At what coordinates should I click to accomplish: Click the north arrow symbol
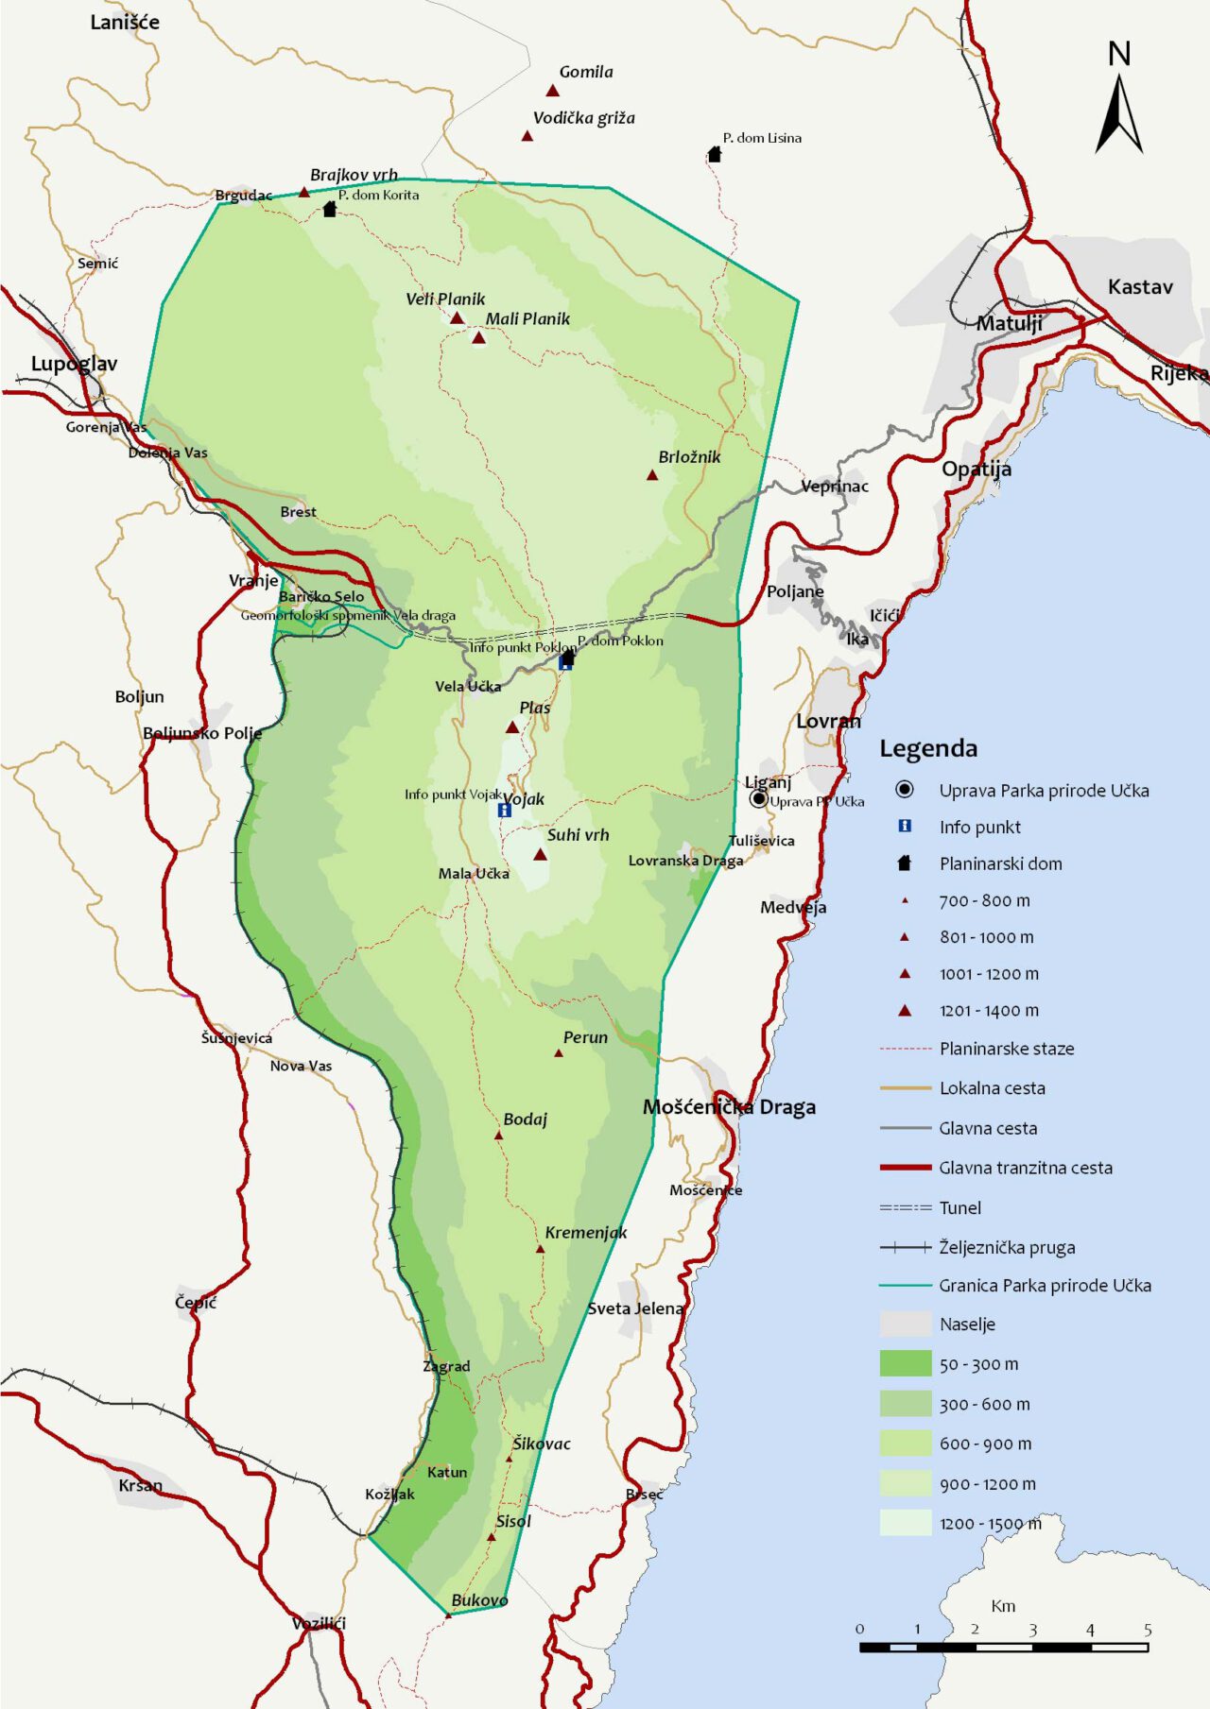coord(1118,113)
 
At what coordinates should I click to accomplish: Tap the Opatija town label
coord(977,469)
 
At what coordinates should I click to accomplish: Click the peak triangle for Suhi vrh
coord(540,855)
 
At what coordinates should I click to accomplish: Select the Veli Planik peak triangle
coord(457,318)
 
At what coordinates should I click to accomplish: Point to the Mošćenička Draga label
coord(729,1107)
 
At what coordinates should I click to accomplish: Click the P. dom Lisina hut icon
coord(715,154)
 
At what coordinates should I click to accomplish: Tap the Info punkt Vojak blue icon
coord(505,810)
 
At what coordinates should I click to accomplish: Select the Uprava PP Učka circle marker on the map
coord(758,799)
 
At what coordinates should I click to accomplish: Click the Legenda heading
coord(928,748)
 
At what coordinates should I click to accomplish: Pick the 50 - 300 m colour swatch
coord(906,1363)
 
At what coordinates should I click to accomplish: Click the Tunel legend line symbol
coord(906,1207)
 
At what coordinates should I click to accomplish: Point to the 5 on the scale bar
coord(1147,1630)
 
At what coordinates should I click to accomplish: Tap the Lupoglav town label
coord(74,364)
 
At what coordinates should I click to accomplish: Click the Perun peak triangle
coord(559,1052)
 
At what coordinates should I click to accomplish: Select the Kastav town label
coord(1140,287)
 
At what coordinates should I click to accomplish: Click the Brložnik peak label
coord(689,457)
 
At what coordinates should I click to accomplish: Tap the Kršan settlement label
coord(140,1485)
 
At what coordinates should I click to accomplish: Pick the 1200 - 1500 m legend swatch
coord(906,1523)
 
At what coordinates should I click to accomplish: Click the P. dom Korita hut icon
coord(329,209)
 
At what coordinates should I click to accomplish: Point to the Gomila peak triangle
coord(553,91)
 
